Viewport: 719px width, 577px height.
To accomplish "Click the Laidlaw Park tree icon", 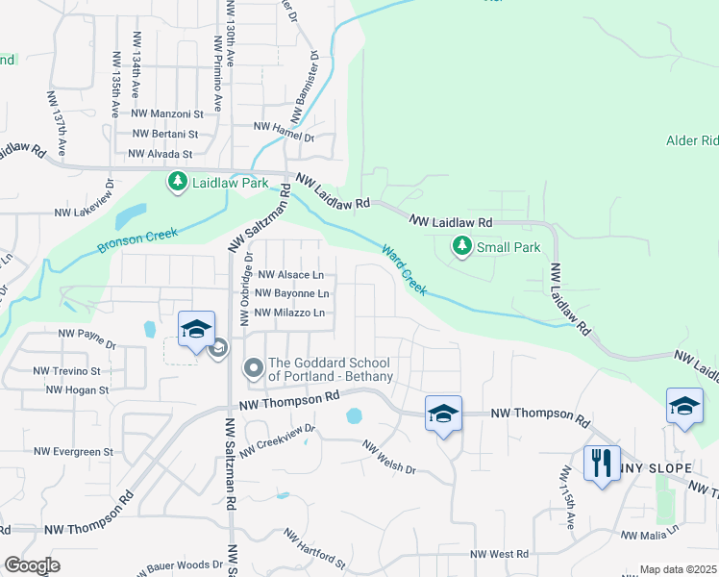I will tap(177, 181).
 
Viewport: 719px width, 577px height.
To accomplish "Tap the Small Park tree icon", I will tap(462, 247).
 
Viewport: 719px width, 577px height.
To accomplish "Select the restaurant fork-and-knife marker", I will tap(602, 464).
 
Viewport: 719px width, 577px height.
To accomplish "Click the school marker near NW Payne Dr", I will tap(196, 330).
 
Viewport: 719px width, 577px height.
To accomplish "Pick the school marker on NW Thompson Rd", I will tap(443, 414).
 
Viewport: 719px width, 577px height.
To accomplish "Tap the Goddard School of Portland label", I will tap(330, 369).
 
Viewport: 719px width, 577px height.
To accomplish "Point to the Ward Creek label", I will tap(404, 268).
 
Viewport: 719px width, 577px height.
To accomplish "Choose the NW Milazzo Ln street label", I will tap(290, 313).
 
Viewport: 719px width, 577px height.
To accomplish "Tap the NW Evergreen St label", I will tap(74, 451).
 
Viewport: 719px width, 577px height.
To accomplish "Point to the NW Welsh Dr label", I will tap(389, 458).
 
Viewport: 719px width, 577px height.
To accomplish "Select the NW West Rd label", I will tap(500, 554).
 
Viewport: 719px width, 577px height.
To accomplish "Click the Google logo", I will tap(32, 565).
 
